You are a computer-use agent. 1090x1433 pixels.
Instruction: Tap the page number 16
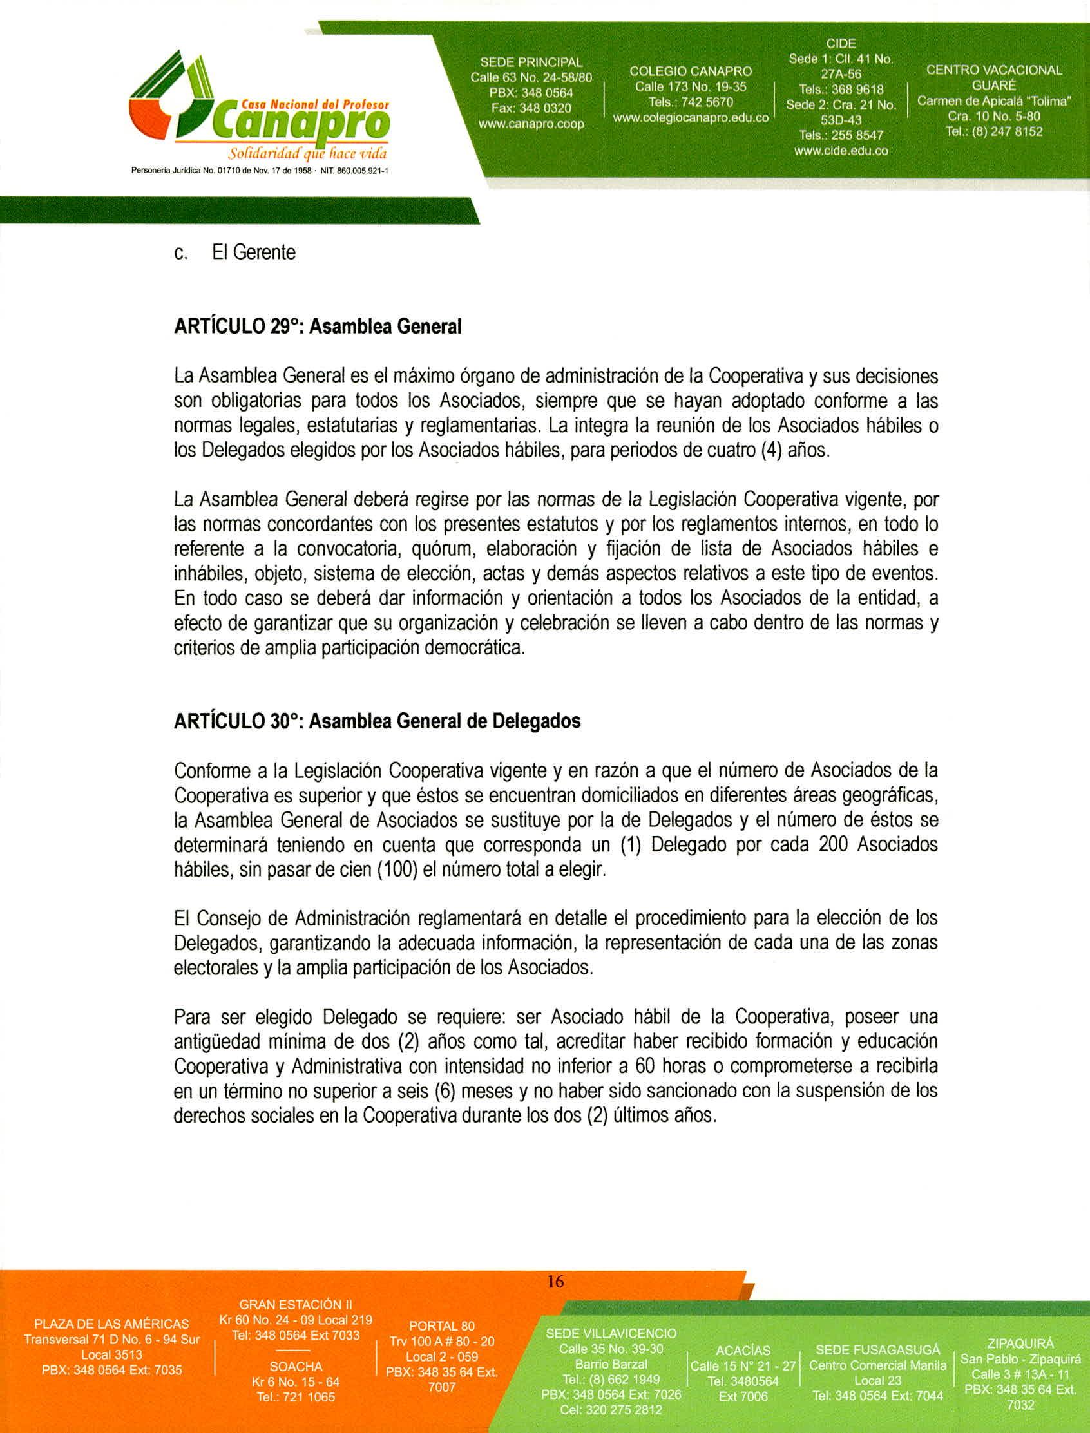(555, 1281)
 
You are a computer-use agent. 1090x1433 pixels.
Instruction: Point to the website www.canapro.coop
(531, 123)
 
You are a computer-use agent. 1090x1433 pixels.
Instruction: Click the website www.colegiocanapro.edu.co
(691, 118)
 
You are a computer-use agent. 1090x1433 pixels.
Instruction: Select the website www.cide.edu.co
(841, 151)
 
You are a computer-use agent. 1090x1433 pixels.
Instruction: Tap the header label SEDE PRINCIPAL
(531, 63)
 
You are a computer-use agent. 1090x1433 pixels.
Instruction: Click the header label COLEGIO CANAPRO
(691, 71)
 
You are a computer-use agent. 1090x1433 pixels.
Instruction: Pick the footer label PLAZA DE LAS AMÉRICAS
(111, 1324)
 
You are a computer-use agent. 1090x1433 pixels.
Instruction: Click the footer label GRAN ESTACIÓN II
(295, 1305)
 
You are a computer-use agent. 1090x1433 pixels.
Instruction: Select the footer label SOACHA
(296, 1367)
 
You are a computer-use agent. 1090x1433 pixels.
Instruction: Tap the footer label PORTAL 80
(442, 1327)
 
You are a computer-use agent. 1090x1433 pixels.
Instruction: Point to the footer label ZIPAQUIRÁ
(1020, 1343)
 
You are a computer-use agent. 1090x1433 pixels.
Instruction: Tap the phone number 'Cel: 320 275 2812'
(611, 1410)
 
